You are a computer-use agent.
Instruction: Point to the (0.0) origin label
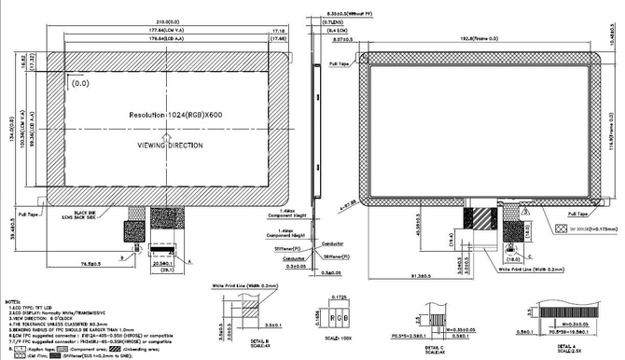click(x=82, y=83)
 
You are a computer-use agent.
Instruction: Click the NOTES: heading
click(x=14, y=303)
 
